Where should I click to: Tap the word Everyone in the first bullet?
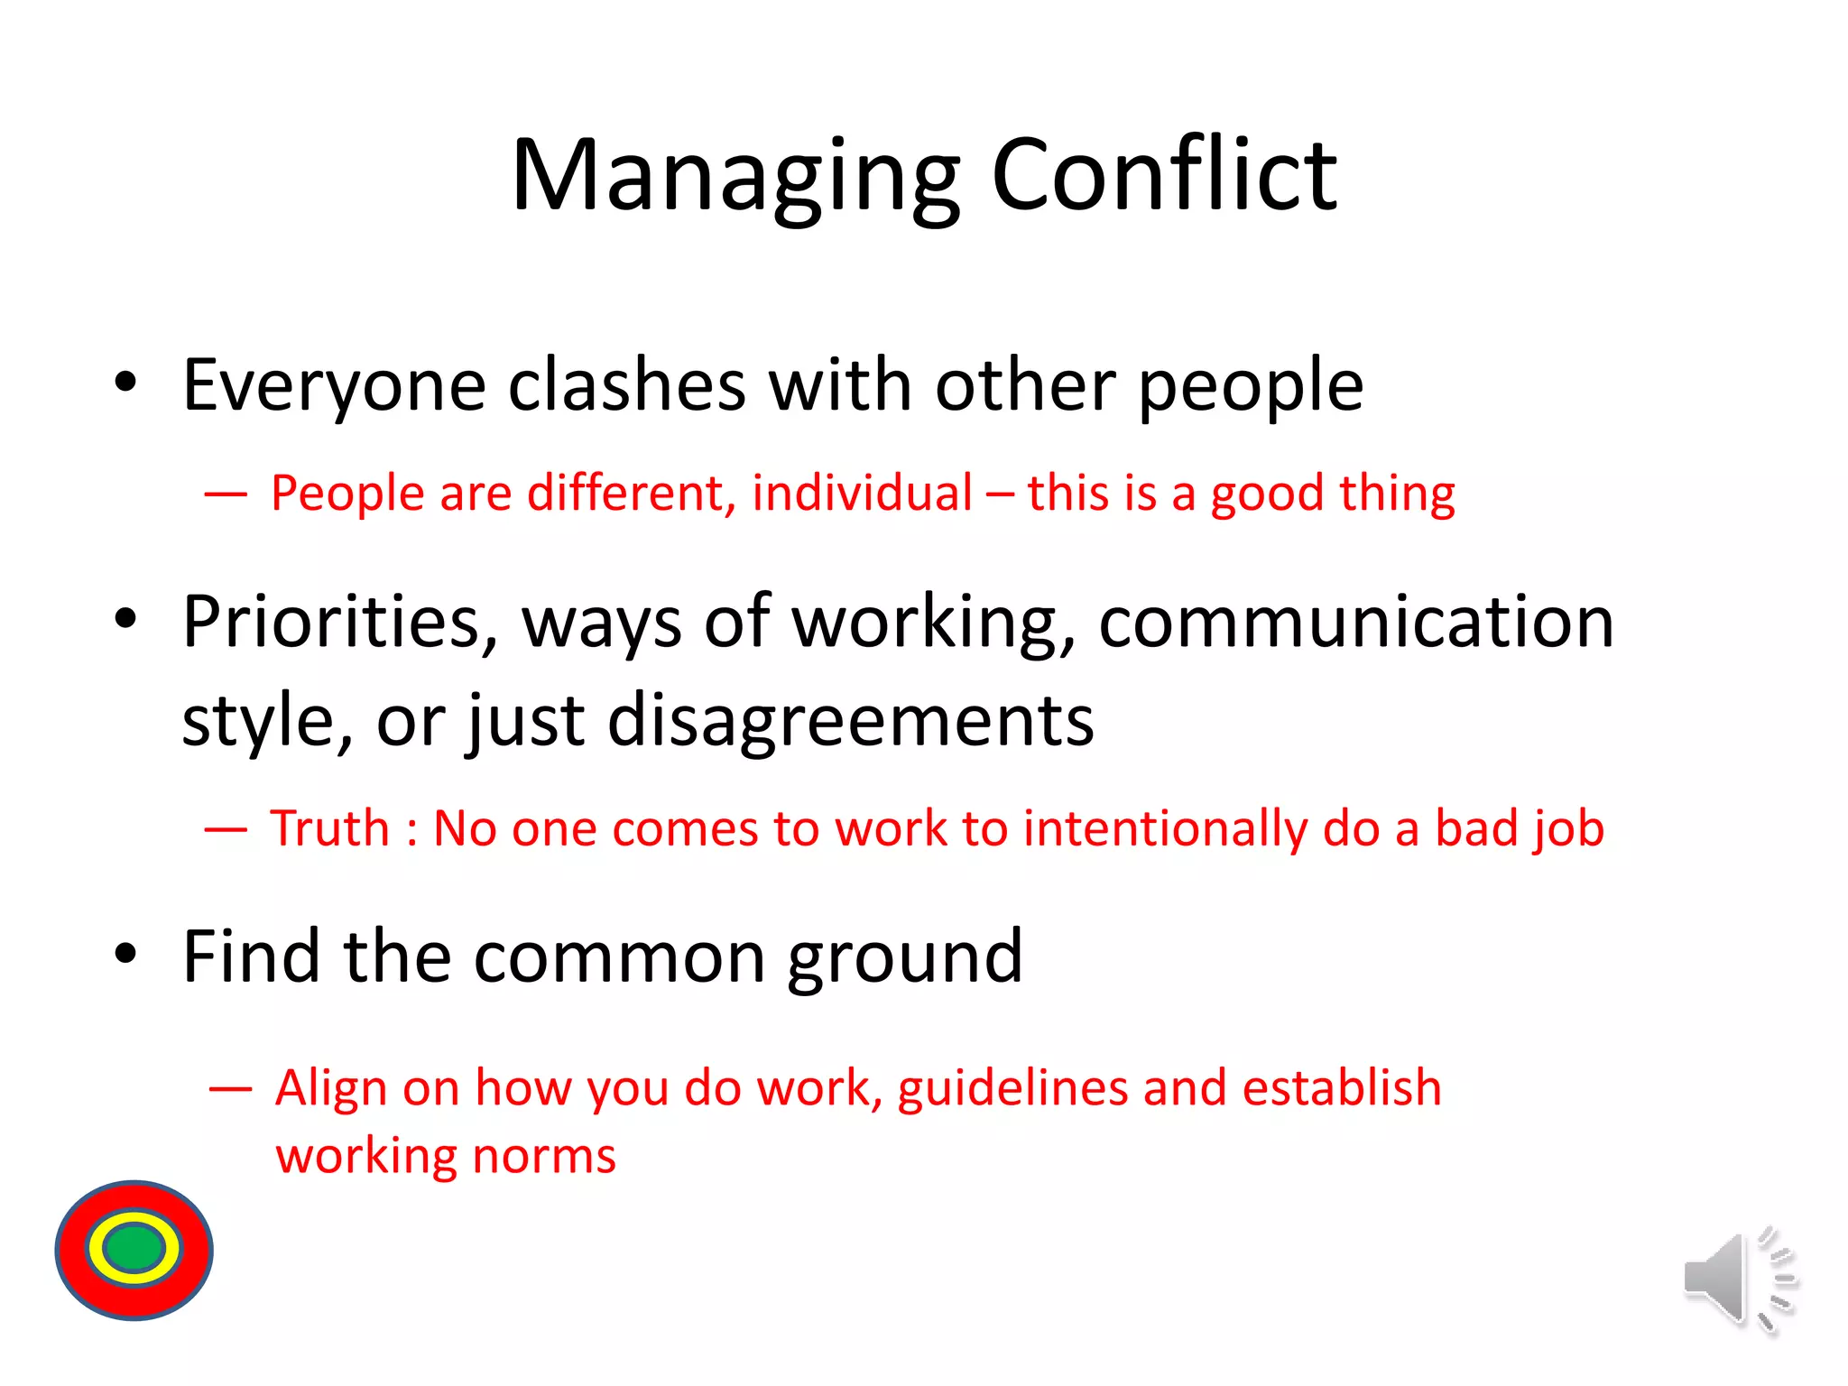tap(335, 385)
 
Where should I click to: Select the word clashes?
tap(627, 385)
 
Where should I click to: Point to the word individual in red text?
tap(862, 494)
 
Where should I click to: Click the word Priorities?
tap(339, 623)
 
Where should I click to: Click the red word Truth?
tap(330, 828)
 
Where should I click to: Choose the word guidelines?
tap(1012, 1088)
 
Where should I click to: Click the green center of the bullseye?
tap(134, 1249)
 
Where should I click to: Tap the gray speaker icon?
tap(1715, 1278)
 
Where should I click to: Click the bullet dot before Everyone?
tap(125, 382)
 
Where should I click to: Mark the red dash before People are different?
tap(226, 494)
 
